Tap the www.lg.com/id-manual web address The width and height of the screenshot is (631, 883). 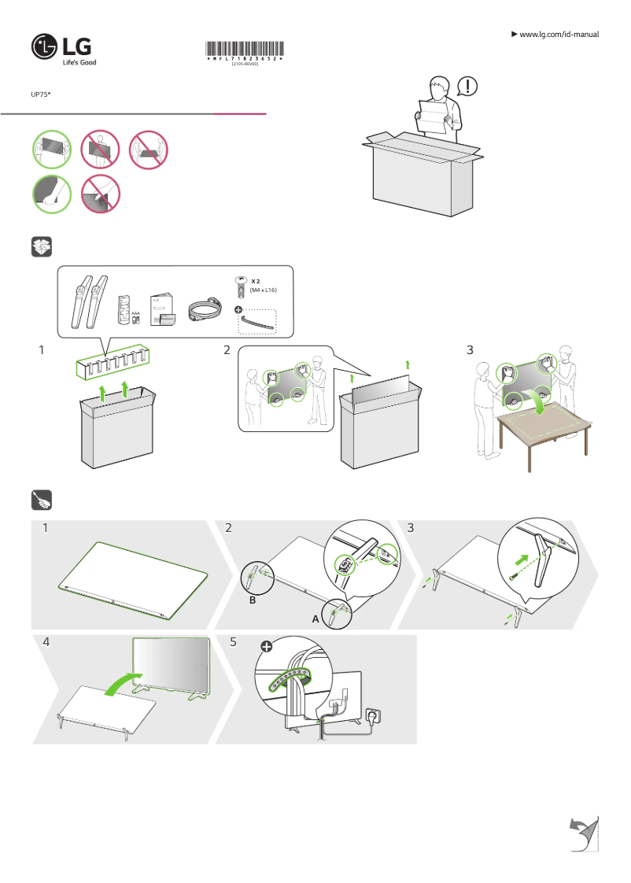559,35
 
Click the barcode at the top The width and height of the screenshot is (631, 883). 245,49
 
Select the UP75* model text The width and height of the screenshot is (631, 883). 40,94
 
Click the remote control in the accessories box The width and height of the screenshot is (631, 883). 124,309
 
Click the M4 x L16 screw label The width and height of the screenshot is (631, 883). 264,290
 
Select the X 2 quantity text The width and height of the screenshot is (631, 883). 256,281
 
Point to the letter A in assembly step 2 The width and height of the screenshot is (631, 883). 315,619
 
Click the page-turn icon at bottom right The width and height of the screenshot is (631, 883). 582,833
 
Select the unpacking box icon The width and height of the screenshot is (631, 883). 41,247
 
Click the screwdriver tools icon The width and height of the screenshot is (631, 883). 41,500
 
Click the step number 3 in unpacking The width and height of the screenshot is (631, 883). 470,349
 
